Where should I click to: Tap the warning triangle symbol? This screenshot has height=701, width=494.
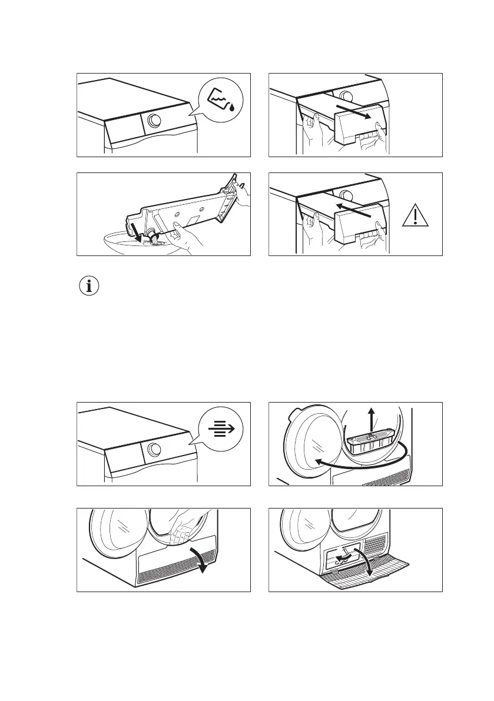[x=415, y=218]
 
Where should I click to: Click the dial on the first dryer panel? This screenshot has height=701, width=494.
[x=154, y=120]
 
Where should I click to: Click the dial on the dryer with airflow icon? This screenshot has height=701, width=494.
[x=154, y=450]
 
